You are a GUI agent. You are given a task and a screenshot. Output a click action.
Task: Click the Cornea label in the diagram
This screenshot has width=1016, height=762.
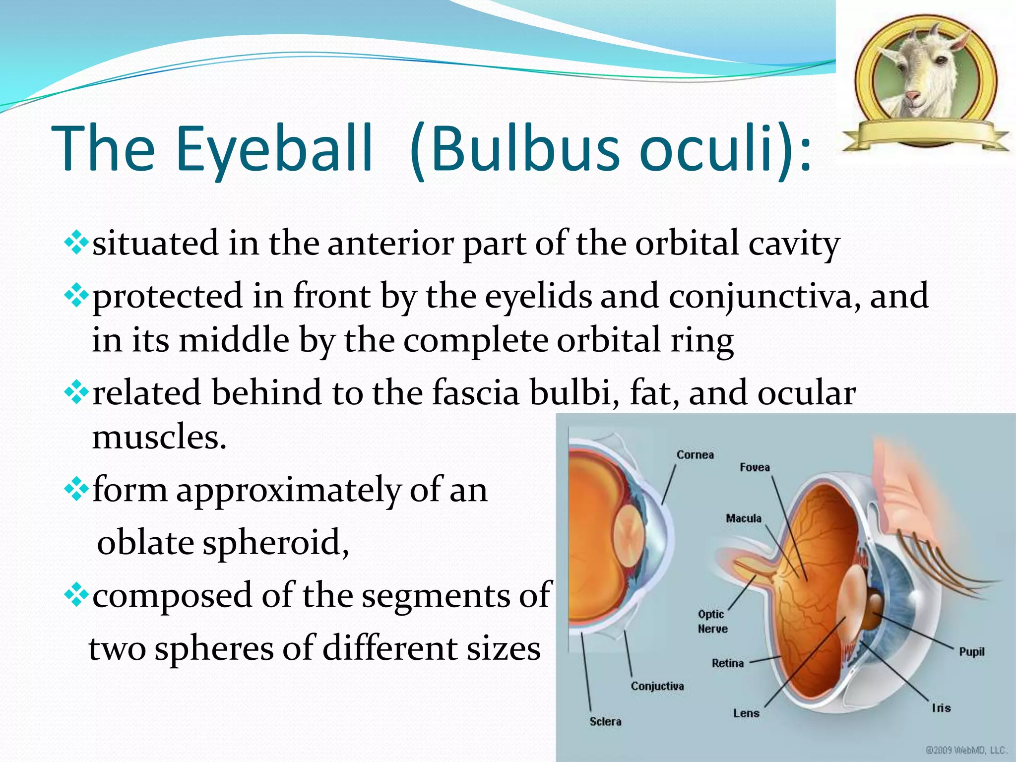(695, 455)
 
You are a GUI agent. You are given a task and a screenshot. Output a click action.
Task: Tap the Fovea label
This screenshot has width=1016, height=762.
(755, 467)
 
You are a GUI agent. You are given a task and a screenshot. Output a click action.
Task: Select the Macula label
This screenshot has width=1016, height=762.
(743, 518)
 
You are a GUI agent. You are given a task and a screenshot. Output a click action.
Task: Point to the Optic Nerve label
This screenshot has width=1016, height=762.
(712, 621)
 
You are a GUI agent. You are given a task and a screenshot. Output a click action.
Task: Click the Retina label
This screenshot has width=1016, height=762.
(727, 663)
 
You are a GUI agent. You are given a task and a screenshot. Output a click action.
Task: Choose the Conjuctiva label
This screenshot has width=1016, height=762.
(657, 686)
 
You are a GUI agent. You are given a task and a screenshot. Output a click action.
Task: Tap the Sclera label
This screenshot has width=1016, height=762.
(605, 721)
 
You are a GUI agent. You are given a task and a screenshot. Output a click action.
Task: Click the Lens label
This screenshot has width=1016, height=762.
(746, 713)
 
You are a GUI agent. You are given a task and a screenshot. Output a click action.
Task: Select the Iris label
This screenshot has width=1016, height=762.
(941, 708)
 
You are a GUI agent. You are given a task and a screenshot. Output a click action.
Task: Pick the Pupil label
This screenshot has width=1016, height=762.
(971, 651)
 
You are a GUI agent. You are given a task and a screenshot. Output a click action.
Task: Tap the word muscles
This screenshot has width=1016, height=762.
(159, 437)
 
